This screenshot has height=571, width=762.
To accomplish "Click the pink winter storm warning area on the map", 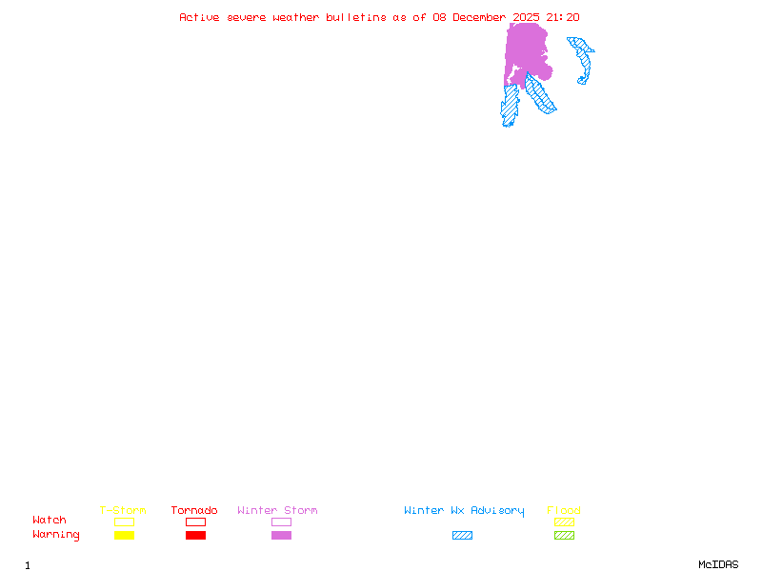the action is pos(526,48).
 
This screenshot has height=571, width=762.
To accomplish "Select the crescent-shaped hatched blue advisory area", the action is pos(583,61).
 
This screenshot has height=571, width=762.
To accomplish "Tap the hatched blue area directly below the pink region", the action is pos(511,105).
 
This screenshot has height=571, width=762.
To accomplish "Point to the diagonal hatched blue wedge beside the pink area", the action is pos(540,94).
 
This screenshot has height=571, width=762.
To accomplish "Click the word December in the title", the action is pos(478,17).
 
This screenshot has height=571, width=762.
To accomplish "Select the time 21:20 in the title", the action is pos(562,17).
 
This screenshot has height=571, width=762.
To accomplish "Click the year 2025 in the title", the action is pos(526,17).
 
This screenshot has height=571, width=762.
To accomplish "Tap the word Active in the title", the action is pos(198,17).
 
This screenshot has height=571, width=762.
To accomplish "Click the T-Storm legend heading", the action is pos(123,511).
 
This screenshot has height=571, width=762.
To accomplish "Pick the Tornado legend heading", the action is pos(194,511).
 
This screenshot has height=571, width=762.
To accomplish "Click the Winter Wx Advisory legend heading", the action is pos(464,511).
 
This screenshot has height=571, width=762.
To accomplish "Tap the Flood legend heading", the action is pos(564,511).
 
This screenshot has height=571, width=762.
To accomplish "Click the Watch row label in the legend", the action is pos(50,521).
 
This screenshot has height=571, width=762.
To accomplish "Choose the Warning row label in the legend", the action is pos(56,535).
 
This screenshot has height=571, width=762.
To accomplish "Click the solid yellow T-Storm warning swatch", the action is pos(124,536).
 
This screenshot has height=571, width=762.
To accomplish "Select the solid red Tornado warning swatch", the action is pos(195,536).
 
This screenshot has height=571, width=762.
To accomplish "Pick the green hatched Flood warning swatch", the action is pos(564,536).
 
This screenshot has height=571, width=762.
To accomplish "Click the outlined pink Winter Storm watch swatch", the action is pos(281,522).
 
